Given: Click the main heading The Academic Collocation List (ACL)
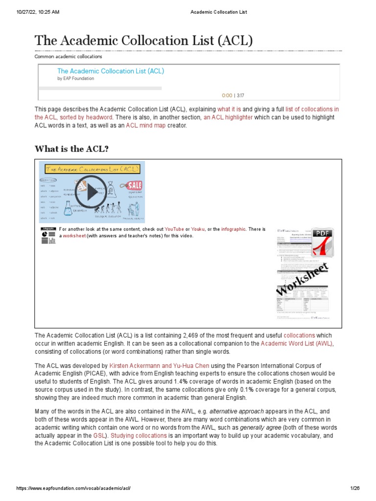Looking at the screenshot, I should [x=143, y=40].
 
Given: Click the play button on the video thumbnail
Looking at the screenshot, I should [x=92, y=192].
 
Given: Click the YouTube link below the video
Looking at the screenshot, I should [x=174, y=229].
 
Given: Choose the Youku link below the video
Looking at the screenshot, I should [x=198, y=229].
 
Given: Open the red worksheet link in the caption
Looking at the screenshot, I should [x=73, y=236].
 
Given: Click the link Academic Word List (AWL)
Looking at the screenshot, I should [x=297, y=343].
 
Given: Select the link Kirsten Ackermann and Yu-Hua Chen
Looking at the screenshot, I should [x=152, y=365].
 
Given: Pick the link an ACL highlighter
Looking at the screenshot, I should [x=228, y=117].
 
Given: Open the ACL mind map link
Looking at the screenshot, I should [x=145, y=126].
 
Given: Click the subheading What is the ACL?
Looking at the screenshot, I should [x=71, y=149].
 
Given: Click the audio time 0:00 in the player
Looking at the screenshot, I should [x=227, y=95].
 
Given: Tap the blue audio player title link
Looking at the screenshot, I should [x=111, y=71].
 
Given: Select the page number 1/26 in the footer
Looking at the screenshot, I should [x=355, y=488].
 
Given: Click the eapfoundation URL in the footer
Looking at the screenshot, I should [x=73, y=488].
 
